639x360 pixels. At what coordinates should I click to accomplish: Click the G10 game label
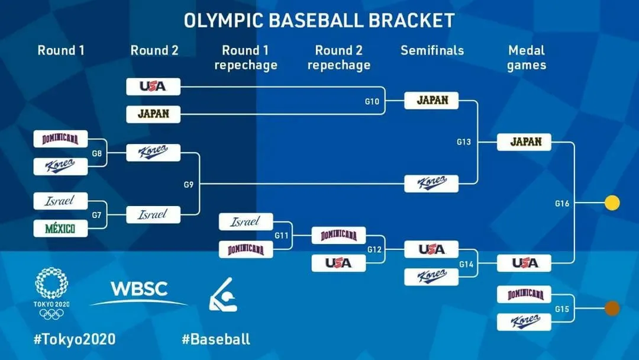(372, 101)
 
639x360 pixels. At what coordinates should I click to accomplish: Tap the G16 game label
(562, 204)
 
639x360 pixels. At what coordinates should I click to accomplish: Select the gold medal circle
(612, 203)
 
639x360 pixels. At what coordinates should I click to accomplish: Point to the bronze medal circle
(612, 308)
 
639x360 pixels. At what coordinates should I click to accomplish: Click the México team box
(60, 228)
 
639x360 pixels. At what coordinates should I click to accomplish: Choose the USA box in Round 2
(153, 86)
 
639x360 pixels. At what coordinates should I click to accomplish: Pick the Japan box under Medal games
(524, 142)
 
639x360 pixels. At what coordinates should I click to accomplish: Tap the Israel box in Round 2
(153, 214)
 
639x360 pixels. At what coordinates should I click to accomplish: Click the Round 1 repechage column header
(246, 57)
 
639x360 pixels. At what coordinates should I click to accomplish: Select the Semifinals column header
(432, 50)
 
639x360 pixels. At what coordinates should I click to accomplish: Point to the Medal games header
(526, 57)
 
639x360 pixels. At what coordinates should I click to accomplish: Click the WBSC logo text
(139, 290)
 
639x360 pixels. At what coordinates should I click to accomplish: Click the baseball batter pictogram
(223, 294)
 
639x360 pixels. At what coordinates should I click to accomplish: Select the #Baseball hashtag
(216, 339)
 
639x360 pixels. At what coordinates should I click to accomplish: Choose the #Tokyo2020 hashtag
(75, 339)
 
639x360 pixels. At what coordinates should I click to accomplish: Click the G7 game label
(96, 215)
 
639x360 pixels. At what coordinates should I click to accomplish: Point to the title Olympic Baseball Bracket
(319, 20)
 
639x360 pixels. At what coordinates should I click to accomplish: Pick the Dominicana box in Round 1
(60, 139)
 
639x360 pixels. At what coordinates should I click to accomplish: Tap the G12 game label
(375, 249)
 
